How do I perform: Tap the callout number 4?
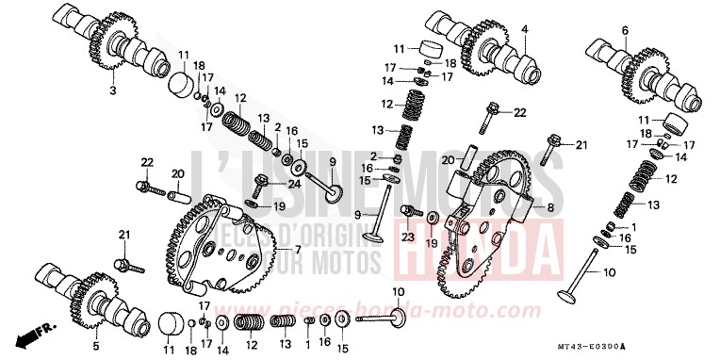pos(522,31)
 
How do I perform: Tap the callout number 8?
pos(547,206)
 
